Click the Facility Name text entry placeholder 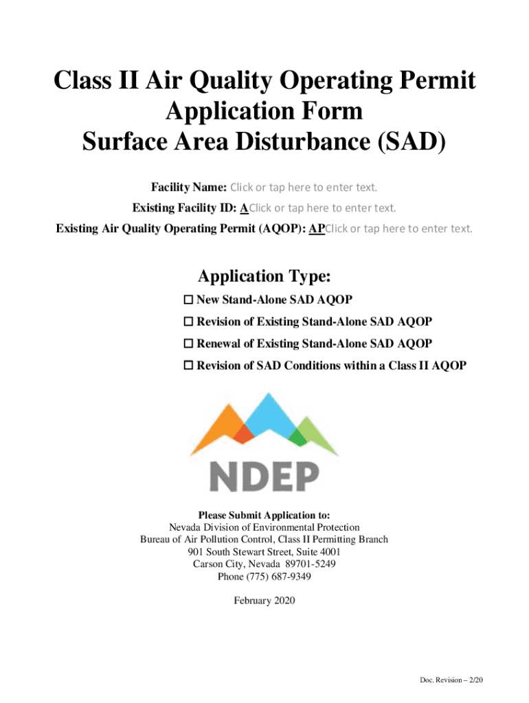304,187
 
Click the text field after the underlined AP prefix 398,229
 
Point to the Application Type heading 264,276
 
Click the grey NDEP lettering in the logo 264,476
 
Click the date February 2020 264,601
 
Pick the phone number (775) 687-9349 264,577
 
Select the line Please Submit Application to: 264,515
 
